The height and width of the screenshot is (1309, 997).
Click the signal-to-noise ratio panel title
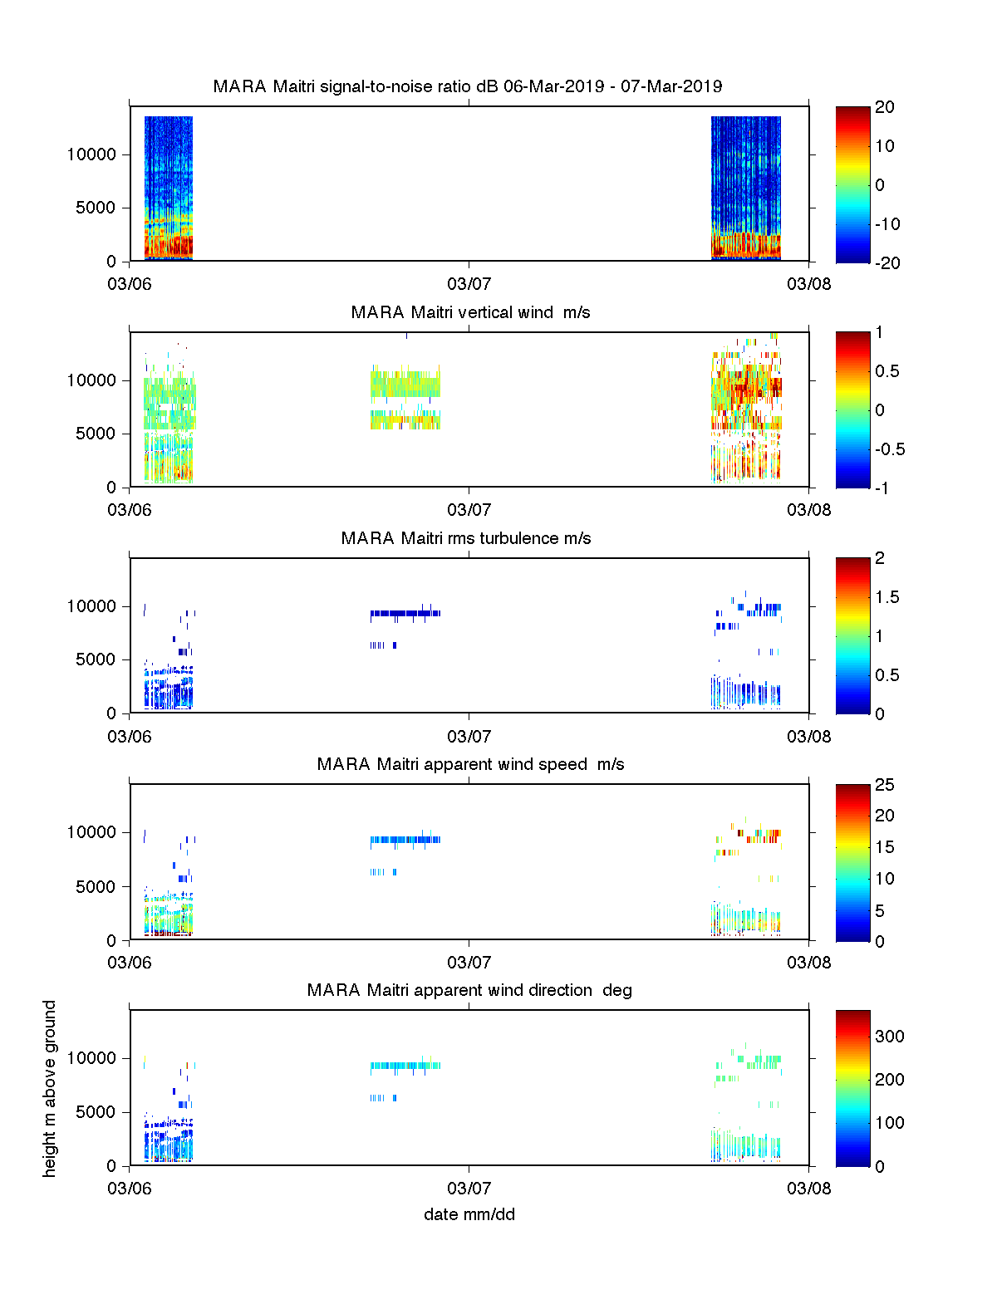[x=468, y=86]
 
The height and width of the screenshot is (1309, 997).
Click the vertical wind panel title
[x=470, y=312]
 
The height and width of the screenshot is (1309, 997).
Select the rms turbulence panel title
[x=466, y=538]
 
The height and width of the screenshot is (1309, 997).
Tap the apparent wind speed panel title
[x=470, y=764]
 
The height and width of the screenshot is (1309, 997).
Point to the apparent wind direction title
[x=469, y=990]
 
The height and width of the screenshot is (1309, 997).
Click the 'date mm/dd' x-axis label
[x=469, y=1214]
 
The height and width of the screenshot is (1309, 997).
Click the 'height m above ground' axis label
[x=50, y=1088]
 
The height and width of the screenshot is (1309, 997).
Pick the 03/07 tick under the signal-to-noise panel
[x=469, y=284]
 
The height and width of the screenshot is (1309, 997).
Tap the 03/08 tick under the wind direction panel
[x=808, y=1188]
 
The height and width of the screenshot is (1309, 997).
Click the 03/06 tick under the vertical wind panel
[x=130, y=510]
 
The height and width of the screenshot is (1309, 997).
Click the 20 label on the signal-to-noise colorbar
[x=884, y=107]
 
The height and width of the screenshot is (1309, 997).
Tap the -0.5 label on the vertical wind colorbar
[x=889, y=449]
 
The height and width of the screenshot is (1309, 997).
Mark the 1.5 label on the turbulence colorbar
[x=886, y=597]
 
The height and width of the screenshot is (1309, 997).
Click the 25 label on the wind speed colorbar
[x=884, y=785]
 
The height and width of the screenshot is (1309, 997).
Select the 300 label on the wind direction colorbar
[x=889, y=1036]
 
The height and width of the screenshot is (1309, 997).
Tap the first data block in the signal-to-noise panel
[x=169, y=189]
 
